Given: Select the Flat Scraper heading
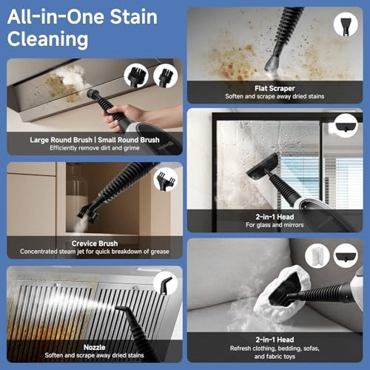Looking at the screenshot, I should point(276,87).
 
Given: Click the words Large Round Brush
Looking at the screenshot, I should point(61,139).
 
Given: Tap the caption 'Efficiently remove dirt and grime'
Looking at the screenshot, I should point(94,149).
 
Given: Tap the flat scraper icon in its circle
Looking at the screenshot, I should point(346,24).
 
